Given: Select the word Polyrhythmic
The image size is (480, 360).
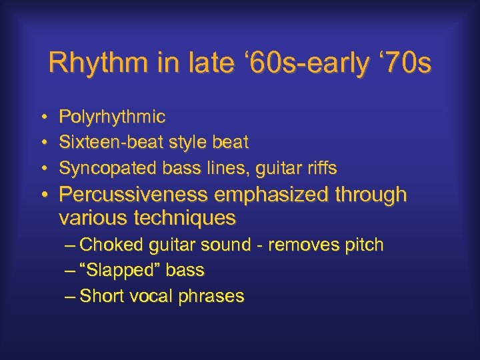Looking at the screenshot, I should tap(112, 117).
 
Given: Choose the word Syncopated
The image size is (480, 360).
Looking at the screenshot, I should tap(102, 167).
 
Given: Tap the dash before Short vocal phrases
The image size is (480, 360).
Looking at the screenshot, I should tap(71, 296).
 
